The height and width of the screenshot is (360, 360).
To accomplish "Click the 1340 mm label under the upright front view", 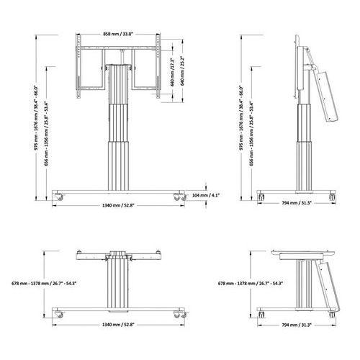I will tap(119, 205).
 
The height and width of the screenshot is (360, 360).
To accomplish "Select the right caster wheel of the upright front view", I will tap(177, 195).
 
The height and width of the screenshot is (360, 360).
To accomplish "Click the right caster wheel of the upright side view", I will tap(331, 195).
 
